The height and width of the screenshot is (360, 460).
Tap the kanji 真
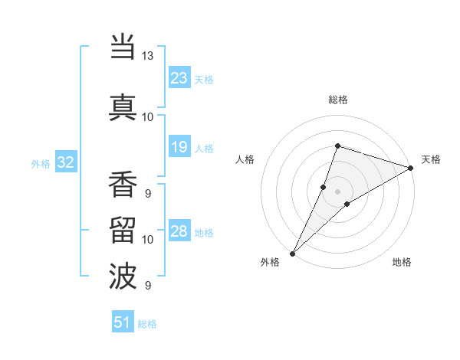tap(123, 106)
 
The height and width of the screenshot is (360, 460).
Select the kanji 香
tap(123, 185)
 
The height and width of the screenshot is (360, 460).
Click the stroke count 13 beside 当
tap(147, 56)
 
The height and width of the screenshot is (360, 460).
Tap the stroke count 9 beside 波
tap(147, 286)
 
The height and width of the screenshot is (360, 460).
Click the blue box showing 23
tap(179, 78)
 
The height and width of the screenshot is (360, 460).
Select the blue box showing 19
tap(179, 147)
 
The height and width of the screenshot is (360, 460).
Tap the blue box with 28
tap(179, 231)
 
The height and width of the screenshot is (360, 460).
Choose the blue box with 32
tap(65, 162)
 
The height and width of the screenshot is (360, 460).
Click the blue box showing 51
tap(123, 322)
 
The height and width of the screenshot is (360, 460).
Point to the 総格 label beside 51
tap(147, 324)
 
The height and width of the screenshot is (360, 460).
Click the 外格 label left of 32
tap(41, 164)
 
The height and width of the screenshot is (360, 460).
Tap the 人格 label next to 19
tap(204, 149)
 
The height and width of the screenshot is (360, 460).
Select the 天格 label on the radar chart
tap(431, 159)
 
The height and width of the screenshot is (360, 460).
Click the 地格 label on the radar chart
tap(402, 262)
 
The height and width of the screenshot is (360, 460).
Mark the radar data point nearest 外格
tap(292, 253)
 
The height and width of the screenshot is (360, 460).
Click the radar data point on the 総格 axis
tap(337, 146)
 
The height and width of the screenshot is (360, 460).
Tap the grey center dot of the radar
tap(337, 191)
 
